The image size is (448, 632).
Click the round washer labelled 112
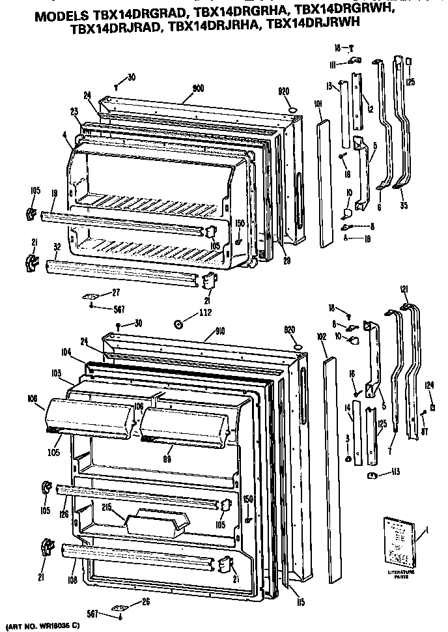pos(176,324)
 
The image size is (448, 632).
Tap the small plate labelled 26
pos(122,604)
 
